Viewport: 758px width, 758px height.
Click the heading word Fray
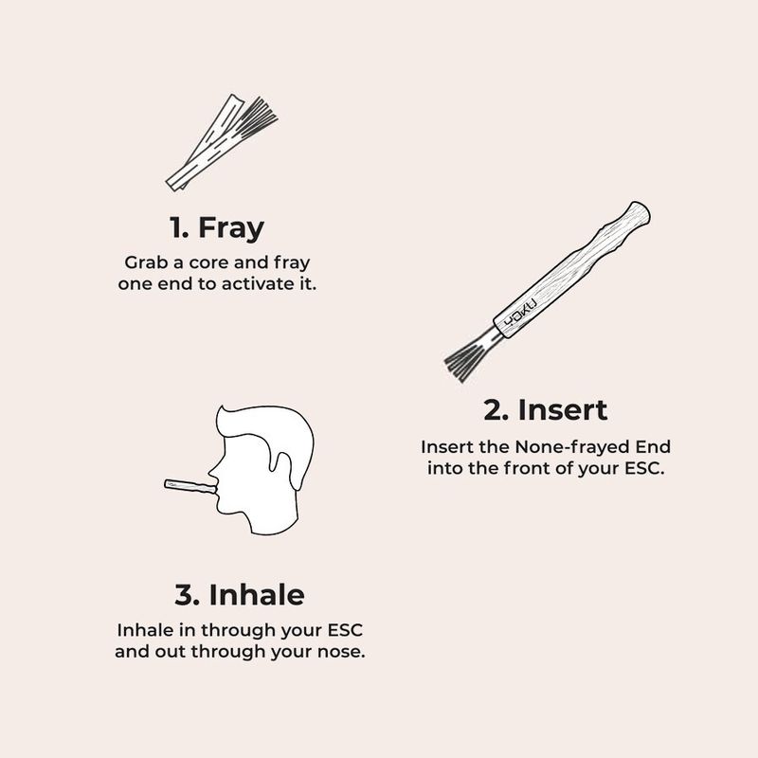click(x=231, y=228)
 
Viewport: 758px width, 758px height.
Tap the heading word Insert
click(x=562, y=410)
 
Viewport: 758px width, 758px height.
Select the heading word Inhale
click(x=257, y=594)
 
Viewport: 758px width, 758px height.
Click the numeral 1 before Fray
click(x=178, y=227)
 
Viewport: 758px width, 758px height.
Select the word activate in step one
click(x=251, y=283)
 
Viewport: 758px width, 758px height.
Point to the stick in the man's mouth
click(x=190, y=486)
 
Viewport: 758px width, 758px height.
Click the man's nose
click(x=212, y=476)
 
